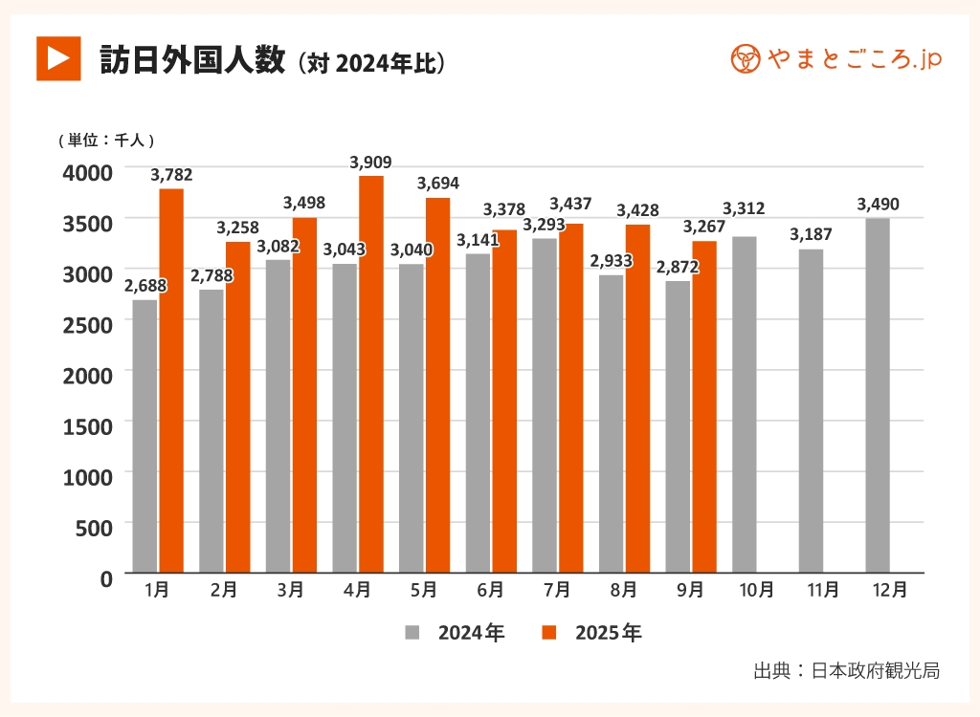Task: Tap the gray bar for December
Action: click(878, 396)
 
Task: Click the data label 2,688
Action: click(145, 286)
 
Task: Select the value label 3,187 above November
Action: click(811, 234)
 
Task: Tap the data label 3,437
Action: click(570, 204)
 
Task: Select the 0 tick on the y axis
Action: click(105, 576)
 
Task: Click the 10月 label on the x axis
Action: click(757, 591)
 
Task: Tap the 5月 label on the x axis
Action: click(424, 591)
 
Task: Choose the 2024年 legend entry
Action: click(455, 633)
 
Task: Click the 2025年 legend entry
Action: click(591, 633)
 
